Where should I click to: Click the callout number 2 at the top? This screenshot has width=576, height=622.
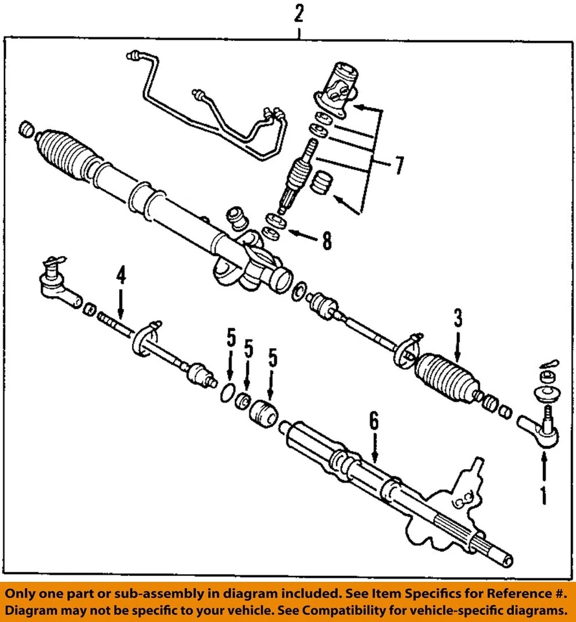[x=298, y=13]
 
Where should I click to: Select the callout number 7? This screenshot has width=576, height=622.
[x=399, y=167]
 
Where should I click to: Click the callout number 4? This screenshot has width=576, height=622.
[x=120, y=278]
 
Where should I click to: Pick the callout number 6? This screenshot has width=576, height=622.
[x=373, y=425]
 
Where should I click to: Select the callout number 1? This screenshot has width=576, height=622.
[x=543, y=496]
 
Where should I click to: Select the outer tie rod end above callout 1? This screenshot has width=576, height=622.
[x=540, y=429]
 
